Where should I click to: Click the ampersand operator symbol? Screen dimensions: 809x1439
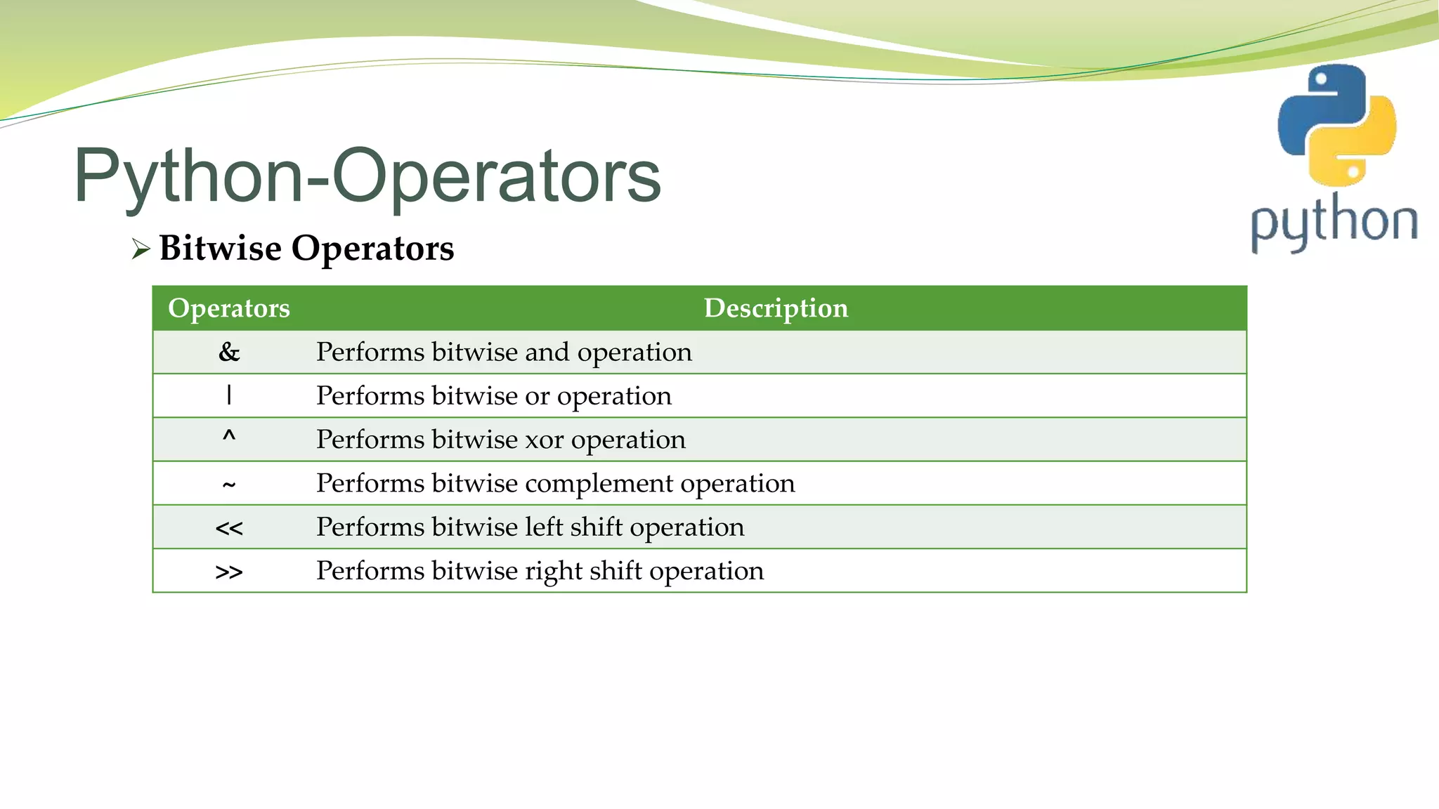click(x=229, y=352)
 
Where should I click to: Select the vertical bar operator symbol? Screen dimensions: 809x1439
click(x=229, y=395)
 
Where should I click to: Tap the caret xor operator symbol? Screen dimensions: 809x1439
click(x=229, y=438)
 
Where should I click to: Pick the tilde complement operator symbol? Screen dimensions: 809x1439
click(x=229, y=485)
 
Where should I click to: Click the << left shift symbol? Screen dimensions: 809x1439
click(x=229, y=528)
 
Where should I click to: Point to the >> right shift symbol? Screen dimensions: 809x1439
click(x=229, y=572)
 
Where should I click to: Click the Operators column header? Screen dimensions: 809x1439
click(x=229, y=308)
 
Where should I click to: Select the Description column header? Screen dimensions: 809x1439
click(x=776, y=308)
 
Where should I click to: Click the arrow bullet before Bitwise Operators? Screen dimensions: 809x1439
click(x=141, y=249)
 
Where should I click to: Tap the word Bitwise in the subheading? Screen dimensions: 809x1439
click(x=220, y=248)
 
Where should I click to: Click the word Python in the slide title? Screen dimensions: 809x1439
click(x=188, y=176)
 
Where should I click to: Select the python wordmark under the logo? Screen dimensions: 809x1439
click(x=1334, y=222)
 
